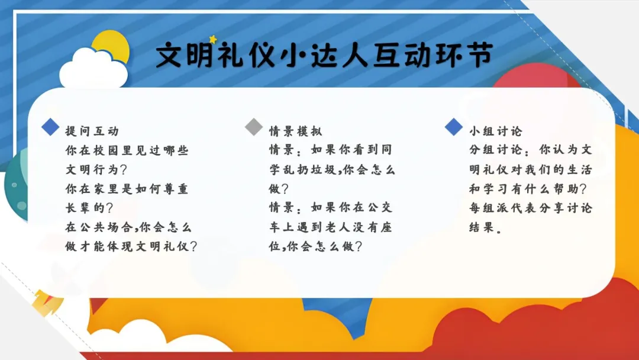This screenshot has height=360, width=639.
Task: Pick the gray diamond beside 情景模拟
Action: point(254,127)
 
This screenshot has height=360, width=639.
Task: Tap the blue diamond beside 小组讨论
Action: point(454,127)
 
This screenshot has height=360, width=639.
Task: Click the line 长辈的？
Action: point(89,208)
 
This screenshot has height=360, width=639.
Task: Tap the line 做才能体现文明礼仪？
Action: point(131,246)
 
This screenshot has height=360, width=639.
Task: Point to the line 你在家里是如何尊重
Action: point(127,189)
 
